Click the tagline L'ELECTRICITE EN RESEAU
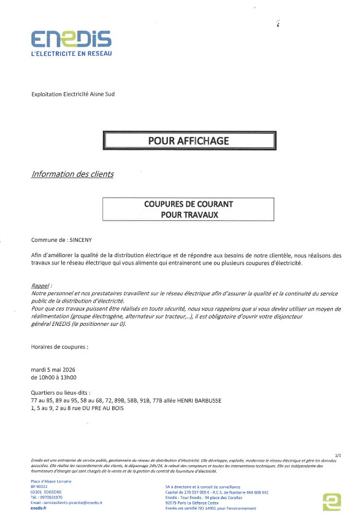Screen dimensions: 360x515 (71, 53)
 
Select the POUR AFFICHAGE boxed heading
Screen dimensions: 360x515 (188, 141)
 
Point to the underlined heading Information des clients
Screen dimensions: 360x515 (72, 174)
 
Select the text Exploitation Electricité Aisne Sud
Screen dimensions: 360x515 (73, 94)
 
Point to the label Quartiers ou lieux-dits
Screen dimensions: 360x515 (60, 392)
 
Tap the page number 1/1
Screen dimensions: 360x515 (338, 454)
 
